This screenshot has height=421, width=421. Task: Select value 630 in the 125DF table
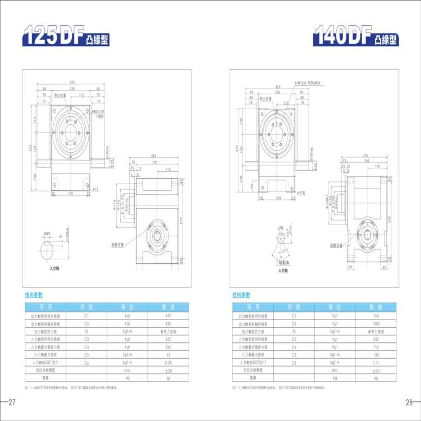(x=168, y=316)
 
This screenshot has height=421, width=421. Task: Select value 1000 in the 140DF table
(x=376, y=324)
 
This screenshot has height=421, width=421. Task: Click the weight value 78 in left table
(x=168, y=378)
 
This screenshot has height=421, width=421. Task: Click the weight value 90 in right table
(x=376, y=378)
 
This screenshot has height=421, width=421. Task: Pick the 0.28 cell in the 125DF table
(x=168, y=363)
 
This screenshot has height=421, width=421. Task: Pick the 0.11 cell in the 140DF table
(x=376, y=363)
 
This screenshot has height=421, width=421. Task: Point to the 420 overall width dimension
(x=277, y=87)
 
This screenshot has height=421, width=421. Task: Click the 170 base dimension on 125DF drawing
(x=70, y=194)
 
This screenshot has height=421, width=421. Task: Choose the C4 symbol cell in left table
(x=86, y=347)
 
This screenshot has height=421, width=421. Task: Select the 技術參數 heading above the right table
(x=241, y=295)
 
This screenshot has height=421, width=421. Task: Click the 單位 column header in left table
(x=127, y=306)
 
